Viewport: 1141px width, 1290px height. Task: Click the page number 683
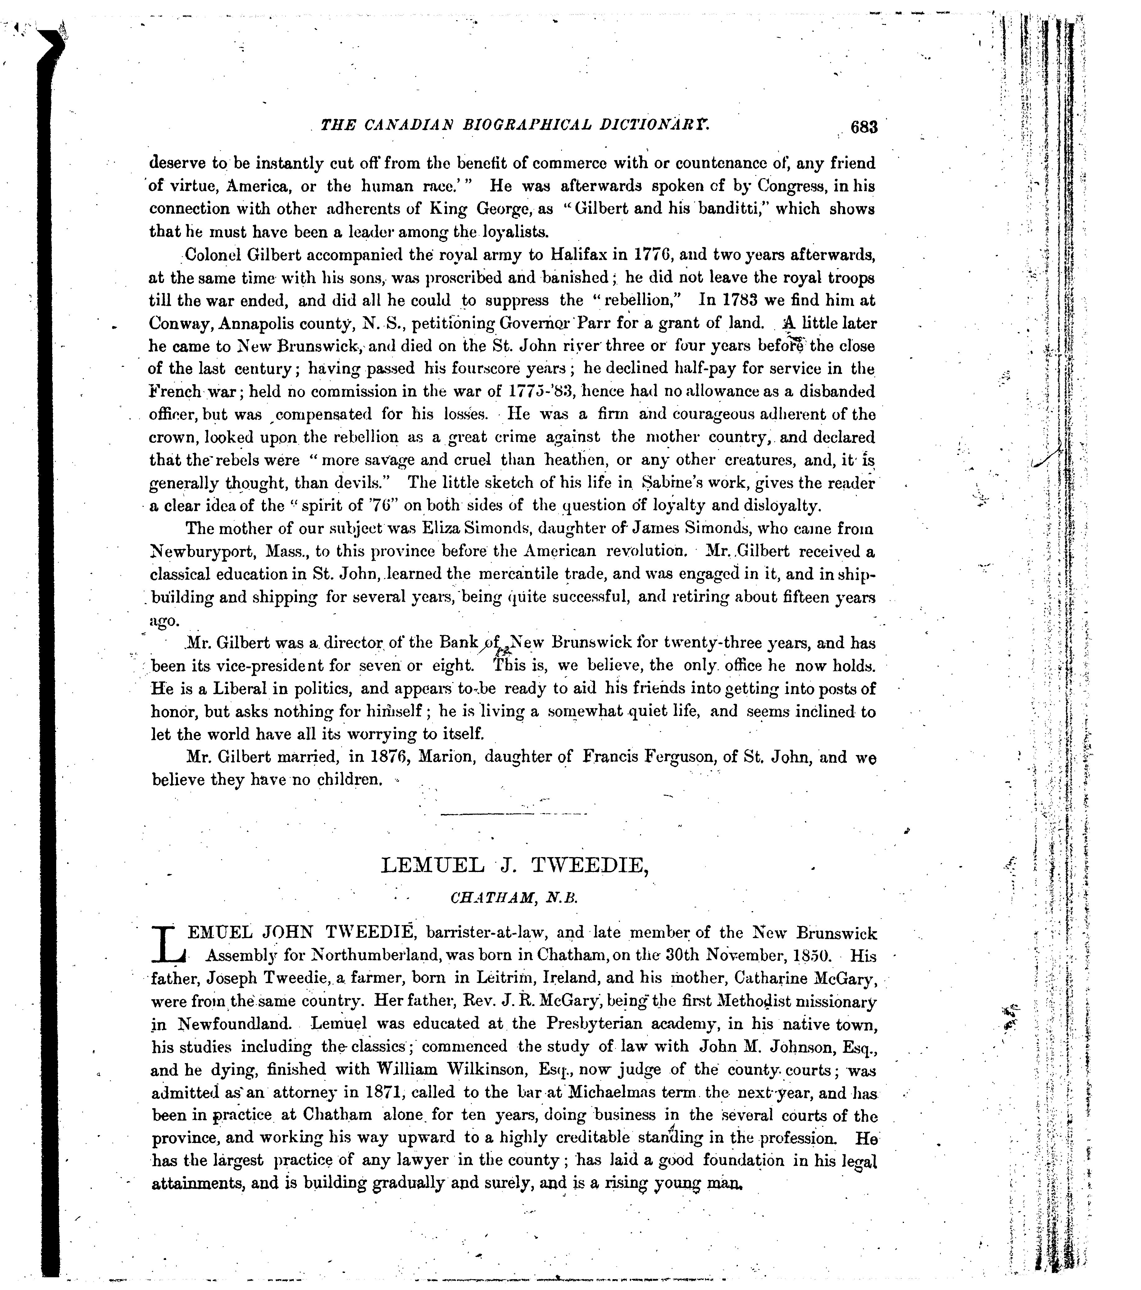coord(864,127)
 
